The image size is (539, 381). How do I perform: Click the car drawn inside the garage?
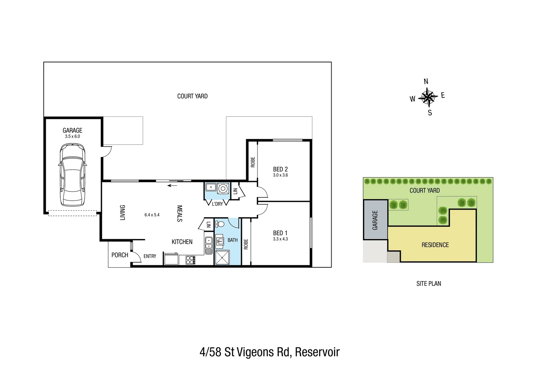pos(72,175)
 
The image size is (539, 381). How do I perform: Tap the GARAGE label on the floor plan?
pos(72,130)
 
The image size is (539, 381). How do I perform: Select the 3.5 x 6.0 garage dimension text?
pos(72,137)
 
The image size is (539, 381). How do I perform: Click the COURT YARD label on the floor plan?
pos(192,96)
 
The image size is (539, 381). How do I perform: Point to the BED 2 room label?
pos(280,169)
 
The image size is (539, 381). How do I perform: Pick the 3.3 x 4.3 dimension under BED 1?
pos(280,239)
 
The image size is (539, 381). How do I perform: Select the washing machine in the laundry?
pos(222,188)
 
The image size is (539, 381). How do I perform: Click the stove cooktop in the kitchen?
pos(190,260)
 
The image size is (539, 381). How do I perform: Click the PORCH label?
pos(120,255)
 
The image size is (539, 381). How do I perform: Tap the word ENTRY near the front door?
pos(150,256)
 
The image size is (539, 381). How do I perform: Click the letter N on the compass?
pos(426,81)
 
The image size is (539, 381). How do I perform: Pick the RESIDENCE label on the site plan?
pos(435,245)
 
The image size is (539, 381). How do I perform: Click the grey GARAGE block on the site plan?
pos(375,220)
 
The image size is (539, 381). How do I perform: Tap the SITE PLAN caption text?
pos(429,284)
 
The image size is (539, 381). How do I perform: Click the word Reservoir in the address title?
pos(317,352)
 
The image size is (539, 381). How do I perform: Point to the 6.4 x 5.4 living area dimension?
pos(152,215)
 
